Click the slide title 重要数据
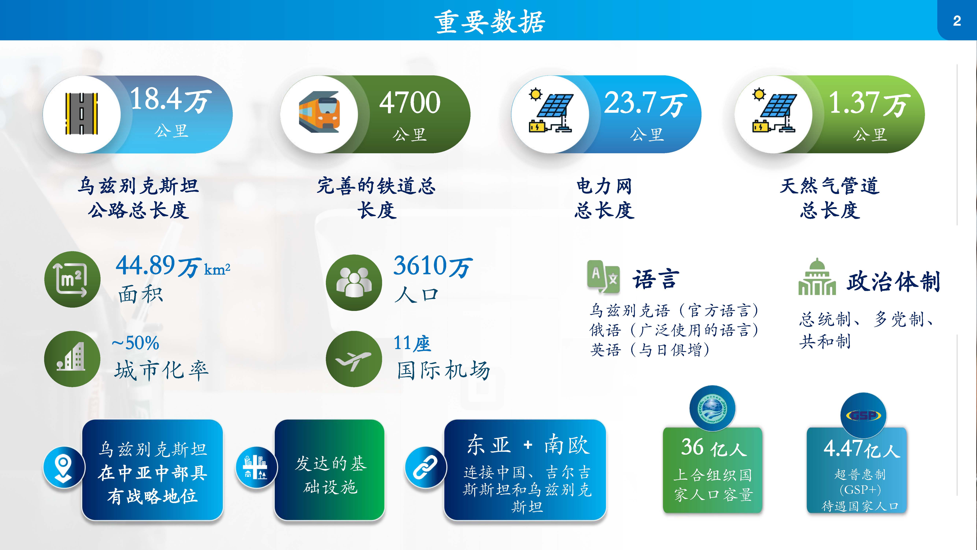pyautogui.click(x=489, y=22)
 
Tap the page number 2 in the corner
pyautogui.click(x=957, y=21)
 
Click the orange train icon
pyautogui.click(x=319, y=112)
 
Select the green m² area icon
pyautogui.click(x=72, y=279)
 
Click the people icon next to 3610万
pyautogui.click(x=354, y=282)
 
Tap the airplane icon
pyautogui.click(x=354, y=359)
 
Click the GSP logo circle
pyautogui.click(x=863, y=415)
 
